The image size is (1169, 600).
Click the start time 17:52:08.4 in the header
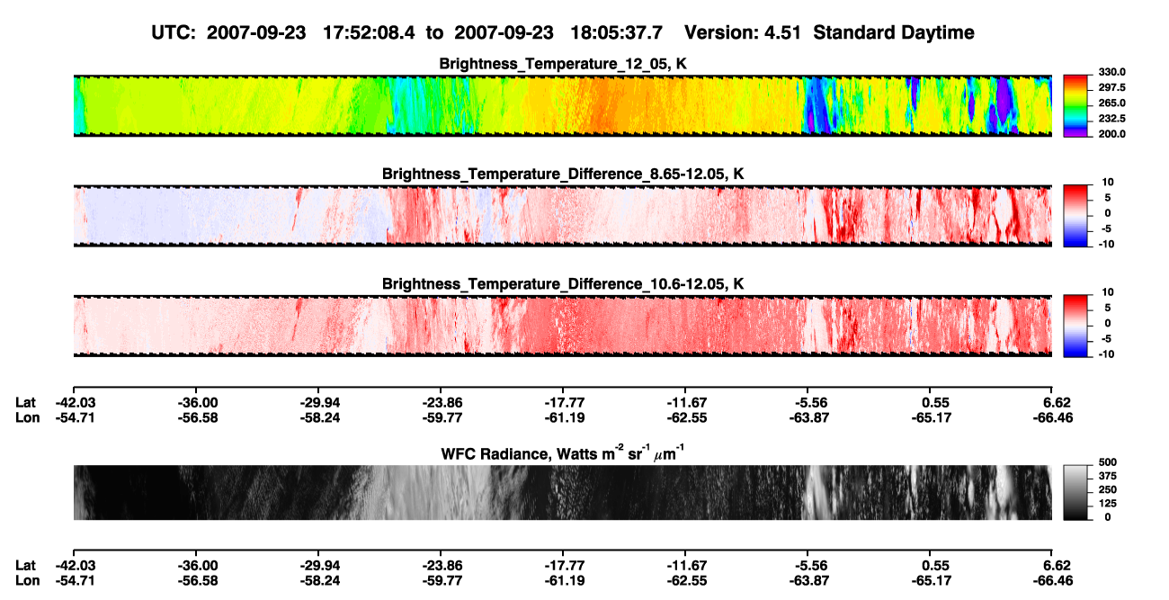click(x=369, y=32)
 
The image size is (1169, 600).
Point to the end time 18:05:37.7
click(x=616, y=32)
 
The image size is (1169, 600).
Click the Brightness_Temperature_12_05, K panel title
click(x=563, y=64)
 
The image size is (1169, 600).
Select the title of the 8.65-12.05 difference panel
click(x=563, y=174)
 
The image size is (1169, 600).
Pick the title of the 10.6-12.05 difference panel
click(x=563, y=284)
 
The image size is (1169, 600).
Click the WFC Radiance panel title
click(x=563, y=453)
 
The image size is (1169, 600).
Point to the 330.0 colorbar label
click(x=1111, y=72)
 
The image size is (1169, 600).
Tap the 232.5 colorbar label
click(x=1111, y=119)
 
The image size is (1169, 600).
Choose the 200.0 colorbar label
click(x=1111, y=134)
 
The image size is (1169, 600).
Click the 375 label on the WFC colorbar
click(x=1108, y=476)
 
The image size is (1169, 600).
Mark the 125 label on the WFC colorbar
click(x=1108, y=504)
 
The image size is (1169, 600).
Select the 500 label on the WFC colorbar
click(x=1108, y=462)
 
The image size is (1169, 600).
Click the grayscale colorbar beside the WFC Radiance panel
click(x=1075, y=492)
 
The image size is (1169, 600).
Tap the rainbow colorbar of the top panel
click(x=1075, y=106)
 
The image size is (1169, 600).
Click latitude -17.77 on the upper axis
click(x=565, y=403)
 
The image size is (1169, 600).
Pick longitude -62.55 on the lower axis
click(x=687, y=581)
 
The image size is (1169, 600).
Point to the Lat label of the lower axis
click(x=25, y=566)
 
